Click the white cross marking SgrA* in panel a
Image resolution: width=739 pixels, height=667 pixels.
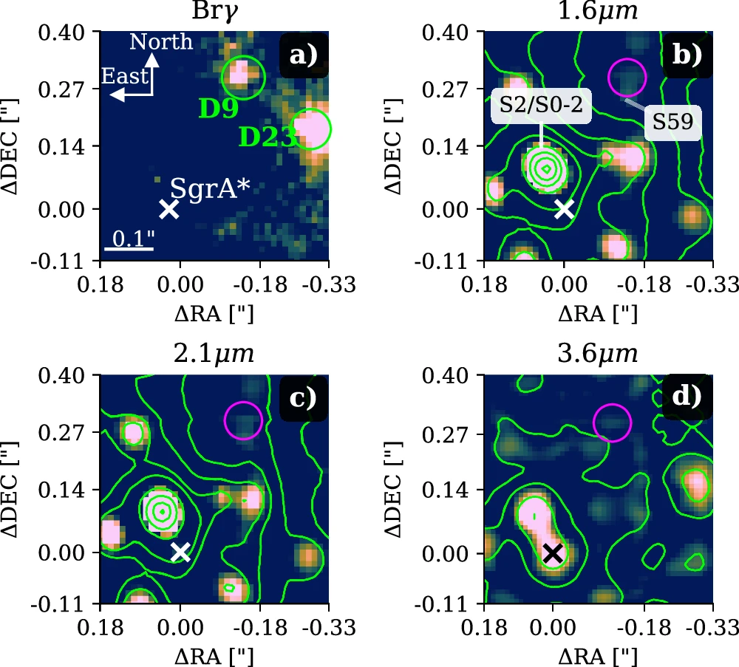click(x=169, y=209)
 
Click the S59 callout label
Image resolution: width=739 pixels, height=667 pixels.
click(x=672, y=127)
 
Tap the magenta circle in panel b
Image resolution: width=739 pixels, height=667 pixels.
click(x=627, y=75)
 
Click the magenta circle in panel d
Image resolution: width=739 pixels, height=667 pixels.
click(x=612, y=422)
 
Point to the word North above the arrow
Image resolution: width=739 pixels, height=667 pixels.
click(x=161, y=42)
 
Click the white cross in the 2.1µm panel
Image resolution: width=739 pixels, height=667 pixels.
click(x=180, y=552)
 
